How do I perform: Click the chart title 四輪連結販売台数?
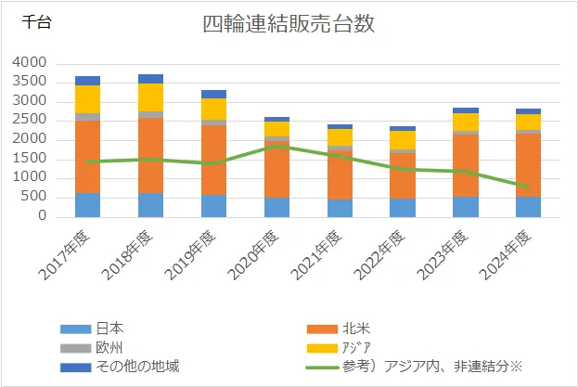pyautogui.click(x=289, y=25)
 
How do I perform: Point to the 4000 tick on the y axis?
pyautogui.click(x=30, y=62)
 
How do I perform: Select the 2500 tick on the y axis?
pyautogui.click(x=30, y=120)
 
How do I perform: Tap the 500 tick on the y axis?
pyautogui.click(x=33, y=198)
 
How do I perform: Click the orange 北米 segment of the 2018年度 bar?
pyautogui.click(x=150, y=154)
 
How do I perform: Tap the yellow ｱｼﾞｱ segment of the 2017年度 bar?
pyautogui.click(x=88, y=99)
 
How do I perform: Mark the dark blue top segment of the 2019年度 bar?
pyautogui.click(x=213, y=94)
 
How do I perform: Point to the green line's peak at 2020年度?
pyautogui.click(x=276, y=146)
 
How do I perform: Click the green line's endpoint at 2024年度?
pyautogui.click(x=527, y=187)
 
